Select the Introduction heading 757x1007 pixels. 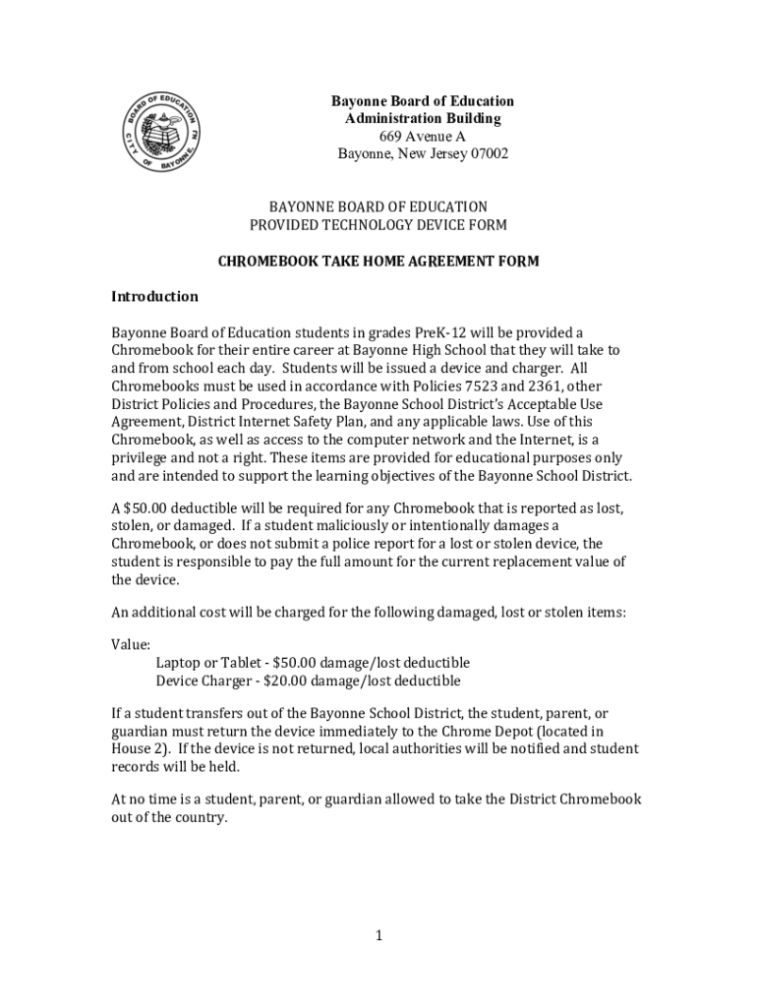click(x=154, y=296)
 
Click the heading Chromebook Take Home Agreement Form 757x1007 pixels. click(x=378, y=263)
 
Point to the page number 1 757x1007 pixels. click(x=378, y=935)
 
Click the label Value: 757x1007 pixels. click(x=131, y=645)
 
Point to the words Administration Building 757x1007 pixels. click(x=423, y=118)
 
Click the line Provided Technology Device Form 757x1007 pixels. click(x=378, y=225)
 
